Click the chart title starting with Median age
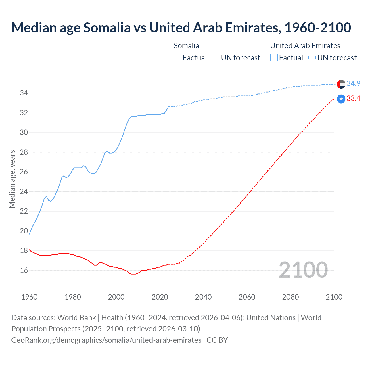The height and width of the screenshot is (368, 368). [181, 28]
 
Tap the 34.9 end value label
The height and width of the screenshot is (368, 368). [353, 84]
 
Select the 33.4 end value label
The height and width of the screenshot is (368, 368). [353, 99]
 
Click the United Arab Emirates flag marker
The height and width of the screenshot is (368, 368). [341, 84]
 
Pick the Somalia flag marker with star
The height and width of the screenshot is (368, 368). [341, 99]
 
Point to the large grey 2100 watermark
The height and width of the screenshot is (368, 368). [303, 270]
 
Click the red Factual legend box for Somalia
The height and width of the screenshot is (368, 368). [177, 58]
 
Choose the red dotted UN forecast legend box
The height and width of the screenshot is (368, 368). [216, 58]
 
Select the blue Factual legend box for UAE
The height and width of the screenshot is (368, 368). [274, 58]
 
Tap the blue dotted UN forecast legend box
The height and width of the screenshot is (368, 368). [312, 58]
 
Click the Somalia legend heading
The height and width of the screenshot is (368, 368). [186, 46]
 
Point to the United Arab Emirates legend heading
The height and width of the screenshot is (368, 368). [305, 46]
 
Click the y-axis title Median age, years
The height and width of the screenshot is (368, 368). [12, 179]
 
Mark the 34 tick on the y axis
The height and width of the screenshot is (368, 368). [24, 93]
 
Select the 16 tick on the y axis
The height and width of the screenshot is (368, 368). [24, 270]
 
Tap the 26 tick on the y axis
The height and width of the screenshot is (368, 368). [24, 172]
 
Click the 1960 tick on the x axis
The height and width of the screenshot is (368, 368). [29, 297]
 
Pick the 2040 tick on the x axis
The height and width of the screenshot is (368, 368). [203, 297]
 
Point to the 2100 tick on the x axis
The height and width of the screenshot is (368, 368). [334, 297]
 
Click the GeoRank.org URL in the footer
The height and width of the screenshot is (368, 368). [106, 340]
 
